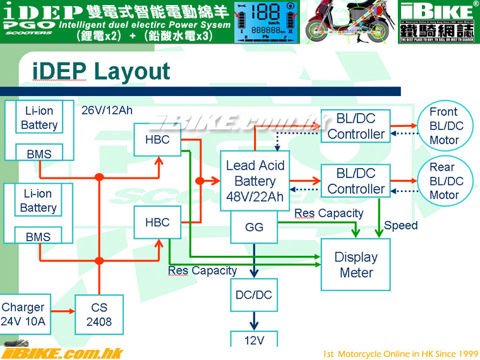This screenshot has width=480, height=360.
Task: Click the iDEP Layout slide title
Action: pyautogui.click(x=101, y=71)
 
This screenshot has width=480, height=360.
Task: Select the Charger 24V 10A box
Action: pyautogui.click(x=23, y=315)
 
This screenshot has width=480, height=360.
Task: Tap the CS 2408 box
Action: pyautogui.click(x=99, y=315)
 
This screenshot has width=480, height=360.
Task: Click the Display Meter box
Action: pyautogui.click(x=356, y=265)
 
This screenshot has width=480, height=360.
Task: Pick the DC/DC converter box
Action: pyautogui.click(x=254, y=295)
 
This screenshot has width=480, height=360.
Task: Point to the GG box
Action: pyautogui.click(x=254, y=226)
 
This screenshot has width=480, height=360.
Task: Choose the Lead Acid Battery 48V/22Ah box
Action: pyautogui.click(x=255, y=181)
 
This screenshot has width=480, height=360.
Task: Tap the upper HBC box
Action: pyautogui.click(x=157, y=139)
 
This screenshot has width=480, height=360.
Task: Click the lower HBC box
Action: pyautogui.click(x=157, y=222)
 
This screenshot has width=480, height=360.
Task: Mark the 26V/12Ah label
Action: pyautogui.click(x=107, y=110)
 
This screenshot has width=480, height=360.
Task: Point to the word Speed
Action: pyautogui.click(x=400, y=225)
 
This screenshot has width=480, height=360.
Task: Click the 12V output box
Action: pyautogui.click(x=254, y=339)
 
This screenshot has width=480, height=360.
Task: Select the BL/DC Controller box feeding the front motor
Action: pyautogui.click(x=356, y=126)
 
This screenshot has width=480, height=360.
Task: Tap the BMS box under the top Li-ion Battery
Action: pyautogui.click(x=39, y=153)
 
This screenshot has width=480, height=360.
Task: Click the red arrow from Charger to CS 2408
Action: pyautogui.click(x=61, y=311)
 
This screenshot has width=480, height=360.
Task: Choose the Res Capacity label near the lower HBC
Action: pyautogui.click(x=202, y=271)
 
